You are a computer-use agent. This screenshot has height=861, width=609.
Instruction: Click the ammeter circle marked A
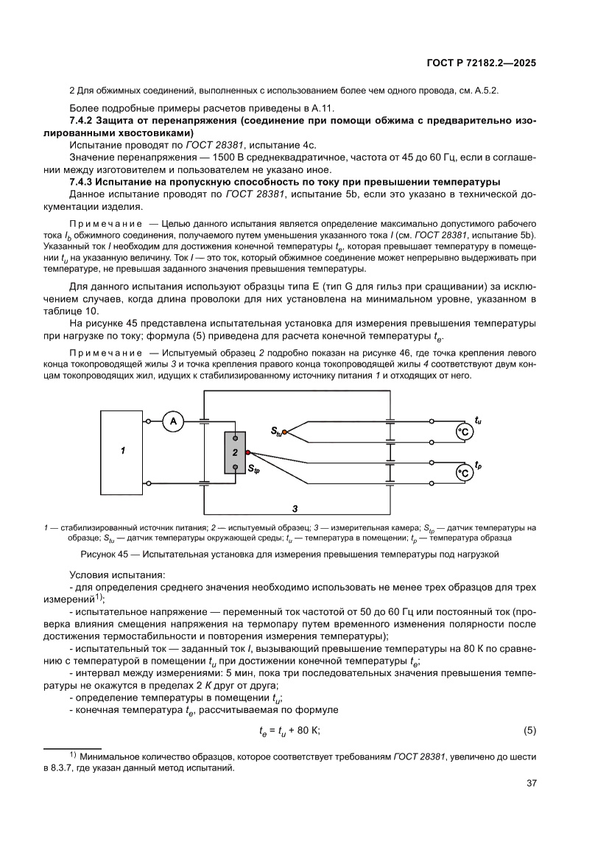point(174,421)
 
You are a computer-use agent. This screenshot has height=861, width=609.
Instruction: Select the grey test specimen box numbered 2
point(235,452)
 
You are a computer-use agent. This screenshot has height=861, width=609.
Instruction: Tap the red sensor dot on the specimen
point(248,452)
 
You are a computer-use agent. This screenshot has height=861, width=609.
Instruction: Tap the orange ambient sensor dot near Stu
point(285,434)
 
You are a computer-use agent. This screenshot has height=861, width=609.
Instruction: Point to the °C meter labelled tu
point(464,433)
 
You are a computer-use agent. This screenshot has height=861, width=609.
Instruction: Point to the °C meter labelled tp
point(464,472)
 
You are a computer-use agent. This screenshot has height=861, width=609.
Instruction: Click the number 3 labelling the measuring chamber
point(295,508)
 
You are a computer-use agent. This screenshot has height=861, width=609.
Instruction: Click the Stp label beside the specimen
point(253,468)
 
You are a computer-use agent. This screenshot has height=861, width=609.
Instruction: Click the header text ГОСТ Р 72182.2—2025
point(481,63)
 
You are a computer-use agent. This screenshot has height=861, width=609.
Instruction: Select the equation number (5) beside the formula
point(529,731)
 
